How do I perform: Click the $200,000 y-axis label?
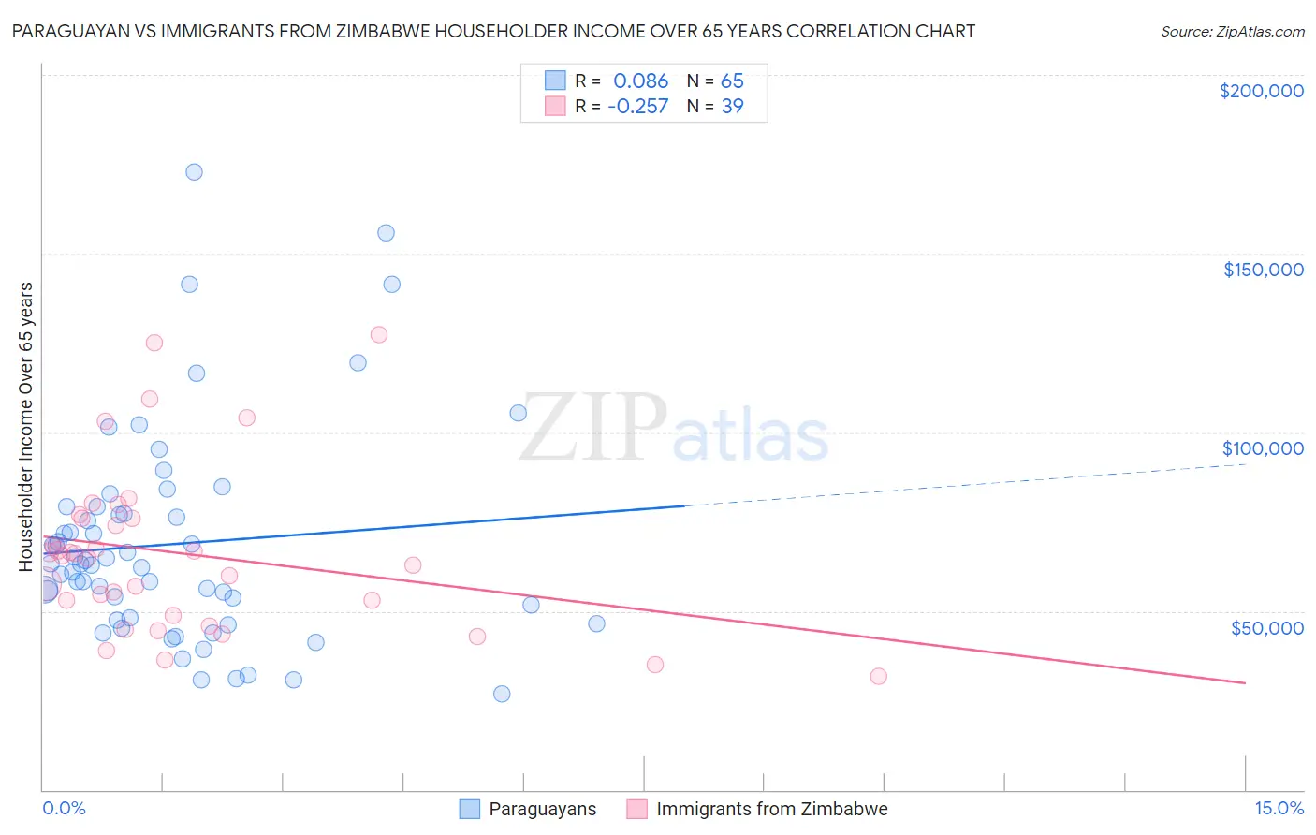1261,91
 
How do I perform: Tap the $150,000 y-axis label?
1263,270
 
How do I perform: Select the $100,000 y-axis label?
1263,448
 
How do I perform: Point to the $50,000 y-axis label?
1266,628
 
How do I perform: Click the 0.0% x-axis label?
64,809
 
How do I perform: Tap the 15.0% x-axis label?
1279,809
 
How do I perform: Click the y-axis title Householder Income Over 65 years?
26,427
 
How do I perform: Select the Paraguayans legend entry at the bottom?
528,810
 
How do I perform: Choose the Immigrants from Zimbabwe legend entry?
757,810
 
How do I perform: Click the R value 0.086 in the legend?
640,81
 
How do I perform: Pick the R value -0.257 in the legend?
637,107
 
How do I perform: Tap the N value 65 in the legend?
732,81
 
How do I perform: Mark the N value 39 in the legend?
732,107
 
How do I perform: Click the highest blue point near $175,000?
194,172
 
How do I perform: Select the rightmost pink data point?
878,677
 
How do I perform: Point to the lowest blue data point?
502,694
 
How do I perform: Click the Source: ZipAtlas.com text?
1232,32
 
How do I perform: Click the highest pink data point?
379,334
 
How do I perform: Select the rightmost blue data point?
596,623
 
